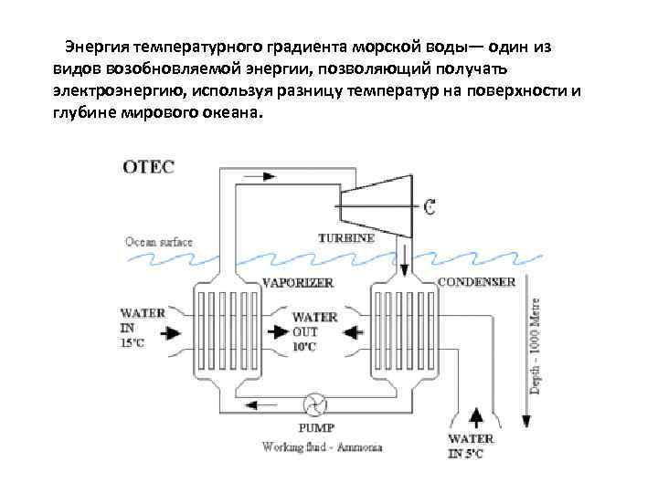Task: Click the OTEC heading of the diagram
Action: tap(148, 167)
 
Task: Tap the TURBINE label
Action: tap(345, 238)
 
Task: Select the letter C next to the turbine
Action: tap(428, 207)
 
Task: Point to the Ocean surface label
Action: tap(159, 242)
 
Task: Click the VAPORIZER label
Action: tap(296, 283)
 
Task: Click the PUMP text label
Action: tap(316, 427)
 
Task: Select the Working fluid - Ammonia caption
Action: tap(321, 447)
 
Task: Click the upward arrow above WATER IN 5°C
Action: tap(475, 417)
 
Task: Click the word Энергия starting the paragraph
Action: tap(95, 46)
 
